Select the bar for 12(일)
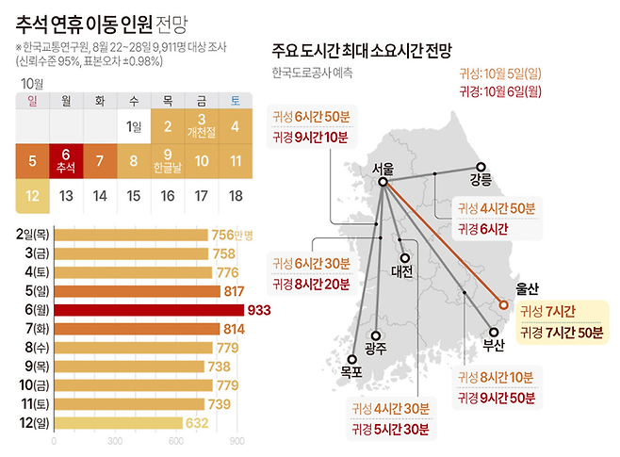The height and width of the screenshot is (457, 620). click(118, 423)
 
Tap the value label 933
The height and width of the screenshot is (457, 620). click(258, 310)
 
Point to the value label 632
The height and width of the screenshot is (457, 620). click(197, 423)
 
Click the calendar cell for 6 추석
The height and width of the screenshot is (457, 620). click(66, 160)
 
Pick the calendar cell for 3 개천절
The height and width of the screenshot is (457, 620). click(202, 125)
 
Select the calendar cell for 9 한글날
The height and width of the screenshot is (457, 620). click(168, 160)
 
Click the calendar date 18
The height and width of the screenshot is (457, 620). click(236, 195)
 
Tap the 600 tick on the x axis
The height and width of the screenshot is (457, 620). click(176, 441)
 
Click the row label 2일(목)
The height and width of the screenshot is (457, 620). click(32, 235)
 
